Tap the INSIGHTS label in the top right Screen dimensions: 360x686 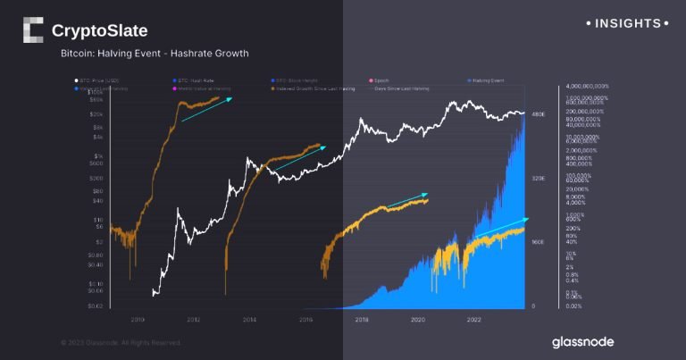click(629, 23)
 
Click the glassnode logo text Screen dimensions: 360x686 click(582, 342)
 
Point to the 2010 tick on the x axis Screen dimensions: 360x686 click(138, 318)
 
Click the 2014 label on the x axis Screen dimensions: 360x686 click(249, 318)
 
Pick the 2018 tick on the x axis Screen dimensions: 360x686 click(362, 318)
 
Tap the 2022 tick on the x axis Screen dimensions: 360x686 click(474, 318)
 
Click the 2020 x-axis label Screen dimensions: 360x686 click(418, 318)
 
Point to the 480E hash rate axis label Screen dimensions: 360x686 click(538, 115)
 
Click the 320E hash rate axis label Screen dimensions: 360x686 click(538, 179)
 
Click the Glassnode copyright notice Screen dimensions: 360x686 click(121, 342)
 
